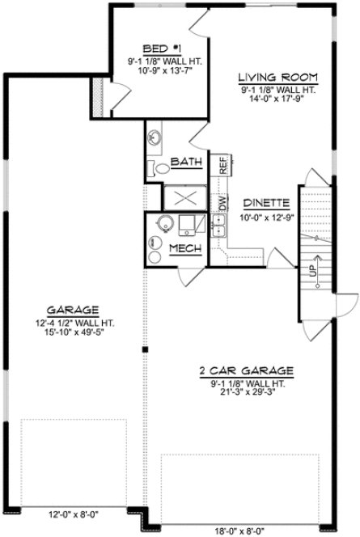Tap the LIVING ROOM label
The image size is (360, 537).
(x=277, y=77)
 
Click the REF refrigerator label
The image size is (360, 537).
(x=220, y=166)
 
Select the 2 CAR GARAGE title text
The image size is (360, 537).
(x=246, y=371)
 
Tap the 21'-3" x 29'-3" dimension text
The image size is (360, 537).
(x=247, y=394)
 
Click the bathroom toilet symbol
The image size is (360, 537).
(x=159, y=169)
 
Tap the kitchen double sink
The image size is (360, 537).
(x=218, y=228)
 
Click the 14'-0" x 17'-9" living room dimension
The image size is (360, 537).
(x=277, y=99)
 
